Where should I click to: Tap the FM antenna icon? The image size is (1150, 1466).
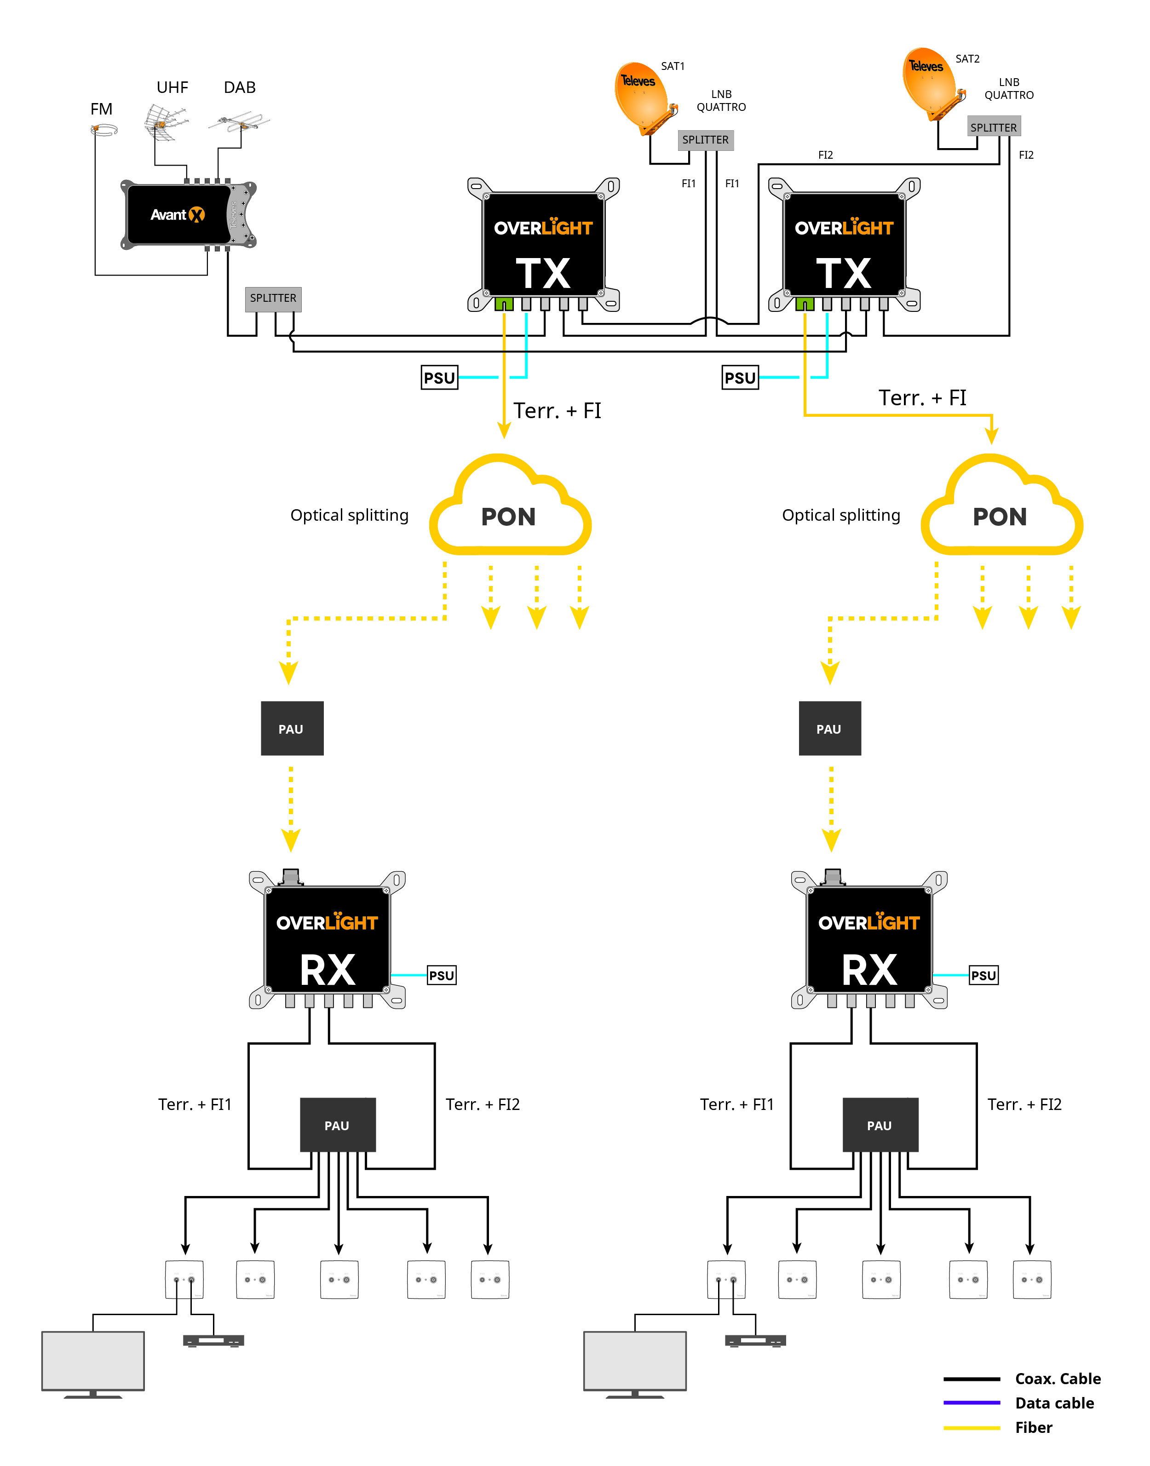pos(104,130)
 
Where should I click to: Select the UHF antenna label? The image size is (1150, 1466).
pos(172,87)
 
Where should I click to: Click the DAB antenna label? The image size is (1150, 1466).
pos(240,87)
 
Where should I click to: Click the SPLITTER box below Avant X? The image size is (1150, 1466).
pos(273,299)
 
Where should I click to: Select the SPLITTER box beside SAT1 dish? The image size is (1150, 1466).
pos(705,140)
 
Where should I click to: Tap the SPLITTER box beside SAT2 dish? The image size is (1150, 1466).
pos(993,127)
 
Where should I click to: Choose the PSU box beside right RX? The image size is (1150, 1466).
pos(983,975)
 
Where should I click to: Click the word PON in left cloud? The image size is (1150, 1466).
pos(508,517)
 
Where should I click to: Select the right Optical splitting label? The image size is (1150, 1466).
pos(841,515)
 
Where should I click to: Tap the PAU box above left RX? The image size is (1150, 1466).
pos(292,729)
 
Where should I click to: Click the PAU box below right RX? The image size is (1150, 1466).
pos(880,1125)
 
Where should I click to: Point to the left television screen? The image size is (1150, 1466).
pos(93,1360)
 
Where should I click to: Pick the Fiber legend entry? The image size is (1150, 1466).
pos(1034,1428)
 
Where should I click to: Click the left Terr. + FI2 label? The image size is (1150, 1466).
pos(483,1104)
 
